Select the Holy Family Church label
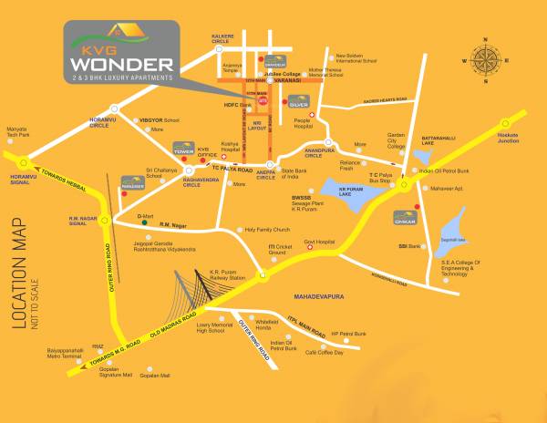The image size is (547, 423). tap(267, 230)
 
